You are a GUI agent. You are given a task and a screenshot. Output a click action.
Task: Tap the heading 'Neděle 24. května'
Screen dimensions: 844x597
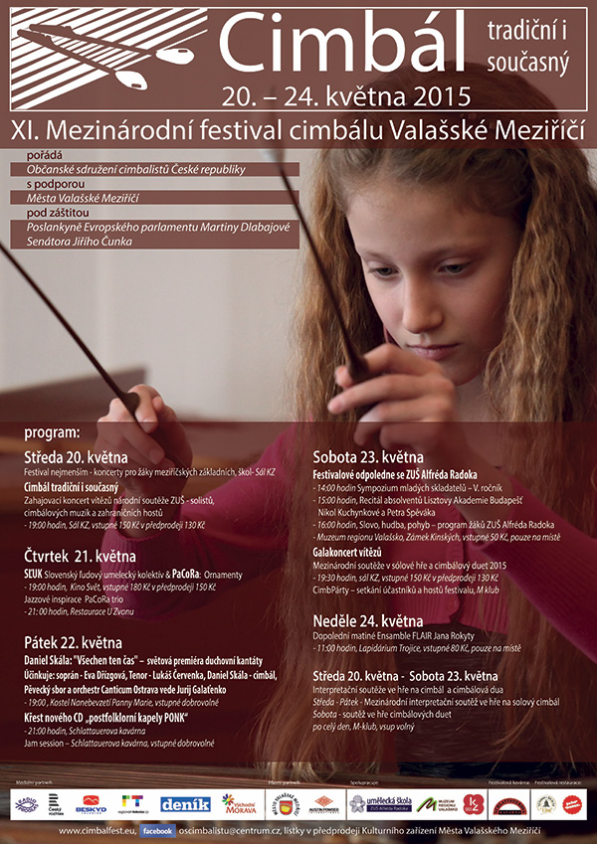tap(367, 621)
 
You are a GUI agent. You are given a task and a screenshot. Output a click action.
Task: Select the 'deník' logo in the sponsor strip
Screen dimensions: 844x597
tap(185, 804)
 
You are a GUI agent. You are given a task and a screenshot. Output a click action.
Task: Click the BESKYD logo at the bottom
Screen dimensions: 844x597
tap(91, 803)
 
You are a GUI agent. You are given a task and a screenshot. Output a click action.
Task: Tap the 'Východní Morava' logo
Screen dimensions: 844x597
tap(240, 804)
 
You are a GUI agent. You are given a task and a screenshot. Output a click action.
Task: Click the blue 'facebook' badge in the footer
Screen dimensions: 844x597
tap(164, 830)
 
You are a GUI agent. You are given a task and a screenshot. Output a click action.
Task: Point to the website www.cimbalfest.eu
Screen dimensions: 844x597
tap(97, 830)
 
